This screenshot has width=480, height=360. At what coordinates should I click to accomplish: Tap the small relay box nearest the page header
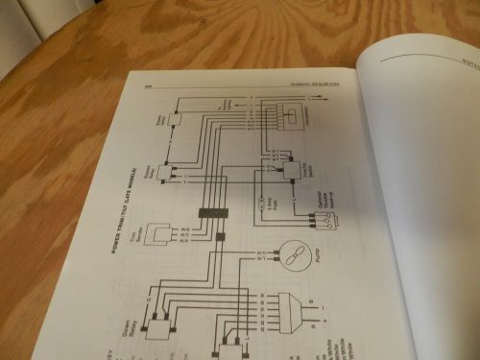(176, 120)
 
